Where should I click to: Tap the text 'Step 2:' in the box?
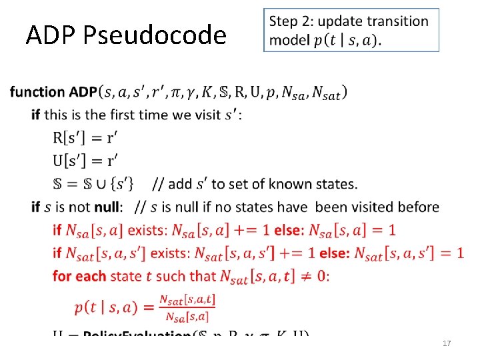pyautogui.click(x=291, y=21)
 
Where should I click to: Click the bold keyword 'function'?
pyautogui.click(x=38, y=92)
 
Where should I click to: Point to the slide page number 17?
pyautogui.click(x=447, y=343)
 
